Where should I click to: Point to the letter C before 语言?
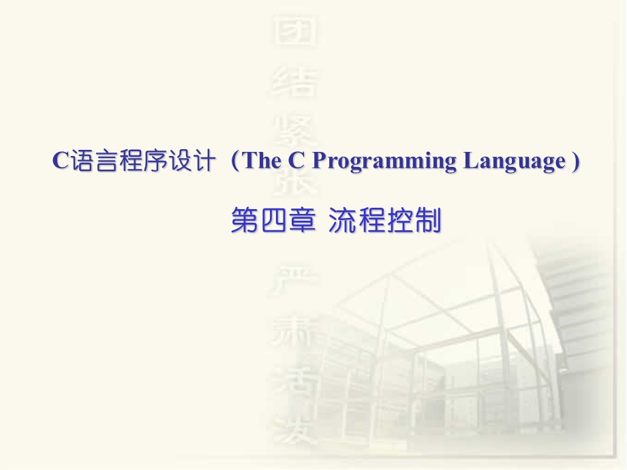point(59,161)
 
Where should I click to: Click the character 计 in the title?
point(205,161)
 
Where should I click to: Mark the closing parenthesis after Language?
point(575,161)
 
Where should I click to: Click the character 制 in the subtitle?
point(428,221)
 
